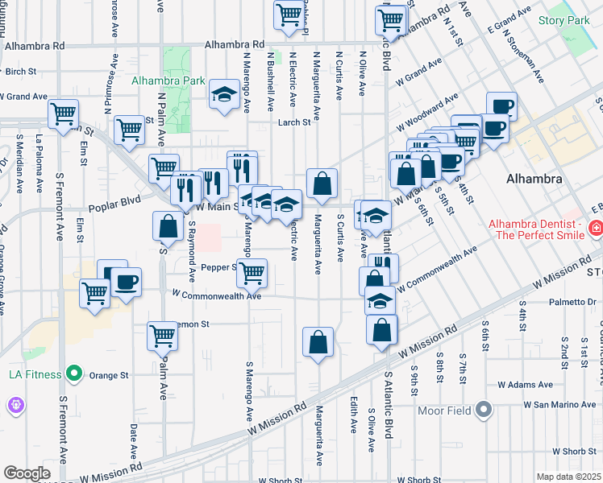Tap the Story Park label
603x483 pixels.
point(563,19)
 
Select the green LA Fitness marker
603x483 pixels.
point(74,374)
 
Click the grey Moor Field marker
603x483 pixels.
point(484,411)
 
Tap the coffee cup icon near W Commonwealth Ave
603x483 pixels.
point(126,283)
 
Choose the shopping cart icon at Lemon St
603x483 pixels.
point(162,336)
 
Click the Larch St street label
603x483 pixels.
point(294,122)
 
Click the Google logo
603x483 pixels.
point(27,473)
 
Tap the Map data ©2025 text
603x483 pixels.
point(567,477)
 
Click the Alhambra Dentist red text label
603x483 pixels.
point(534,228)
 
